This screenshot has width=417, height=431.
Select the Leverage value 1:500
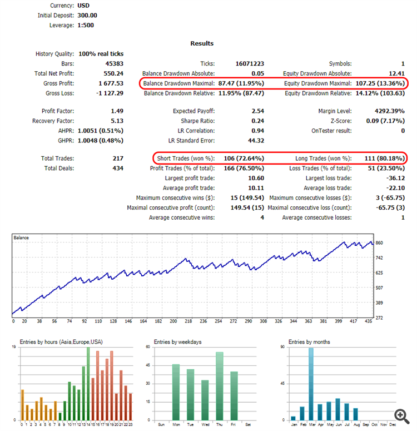[x=86, y=26]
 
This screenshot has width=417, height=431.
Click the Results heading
[x=202, y=43]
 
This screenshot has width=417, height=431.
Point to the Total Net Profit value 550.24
[x=113, y=73]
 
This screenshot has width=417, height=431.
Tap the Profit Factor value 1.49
[x=117, y=111]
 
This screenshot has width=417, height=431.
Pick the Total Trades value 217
[x=118, y=158]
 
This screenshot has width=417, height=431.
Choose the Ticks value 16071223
[x=249, y=64]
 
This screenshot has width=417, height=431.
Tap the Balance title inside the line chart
[x=22, y=238]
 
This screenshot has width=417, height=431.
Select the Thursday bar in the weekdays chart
[x=219, y=386]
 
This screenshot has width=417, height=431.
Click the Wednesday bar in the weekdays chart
[x=205, y=400]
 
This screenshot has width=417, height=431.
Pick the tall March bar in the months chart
[x=311, y=384]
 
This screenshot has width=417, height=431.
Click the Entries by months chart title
[x=308, y=342]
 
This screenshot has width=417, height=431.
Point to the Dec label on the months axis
[x=393, y=425]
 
